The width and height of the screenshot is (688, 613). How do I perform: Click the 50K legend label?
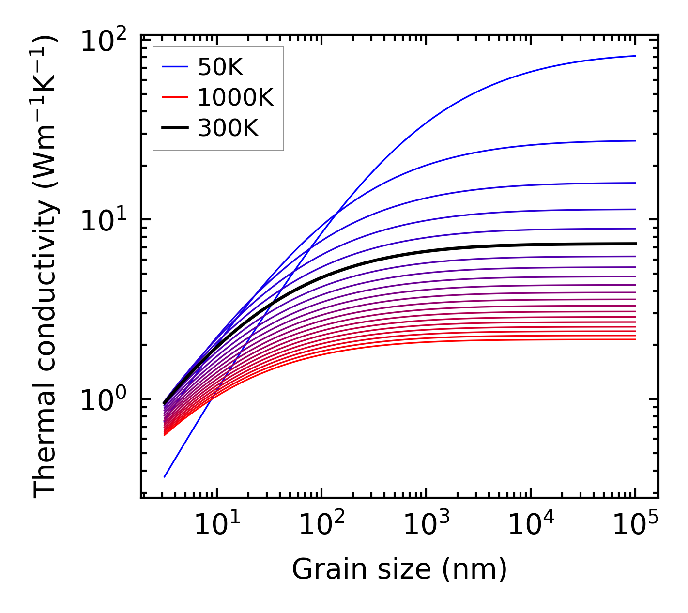coord(220,68)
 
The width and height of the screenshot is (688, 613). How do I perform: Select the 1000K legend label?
coord(235,98)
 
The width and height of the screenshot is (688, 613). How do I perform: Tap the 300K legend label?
coord(228,128)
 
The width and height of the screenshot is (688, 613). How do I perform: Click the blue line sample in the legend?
coord(174,68)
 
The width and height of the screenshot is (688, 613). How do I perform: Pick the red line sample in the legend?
coord(174,98)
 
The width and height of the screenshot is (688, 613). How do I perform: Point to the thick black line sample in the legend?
coord(174,128)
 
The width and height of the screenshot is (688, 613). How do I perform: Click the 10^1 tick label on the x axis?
coord(217,524)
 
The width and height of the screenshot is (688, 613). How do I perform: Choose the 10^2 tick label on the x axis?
coord(321,524)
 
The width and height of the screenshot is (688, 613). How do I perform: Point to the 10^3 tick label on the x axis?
coord(426,524)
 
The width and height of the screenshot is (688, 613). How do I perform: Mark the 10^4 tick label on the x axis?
coord(531,524)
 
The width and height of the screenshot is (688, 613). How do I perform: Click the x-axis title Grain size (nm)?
coord(399,569)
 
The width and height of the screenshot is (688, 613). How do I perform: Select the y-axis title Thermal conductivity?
coord(46,266)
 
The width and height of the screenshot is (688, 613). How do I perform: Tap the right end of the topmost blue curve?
coord(635,56)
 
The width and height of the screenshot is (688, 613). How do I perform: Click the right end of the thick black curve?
coord(635,244)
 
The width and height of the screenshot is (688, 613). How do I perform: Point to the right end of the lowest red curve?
coord(635,339)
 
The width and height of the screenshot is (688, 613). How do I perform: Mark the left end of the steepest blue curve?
coord(165,477)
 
